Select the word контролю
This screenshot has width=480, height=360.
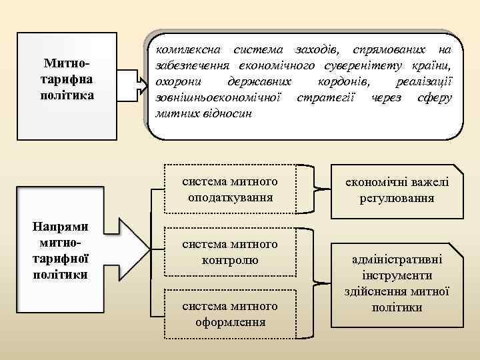coord(231,260)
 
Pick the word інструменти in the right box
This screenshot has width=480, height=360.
coord(397,275)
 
